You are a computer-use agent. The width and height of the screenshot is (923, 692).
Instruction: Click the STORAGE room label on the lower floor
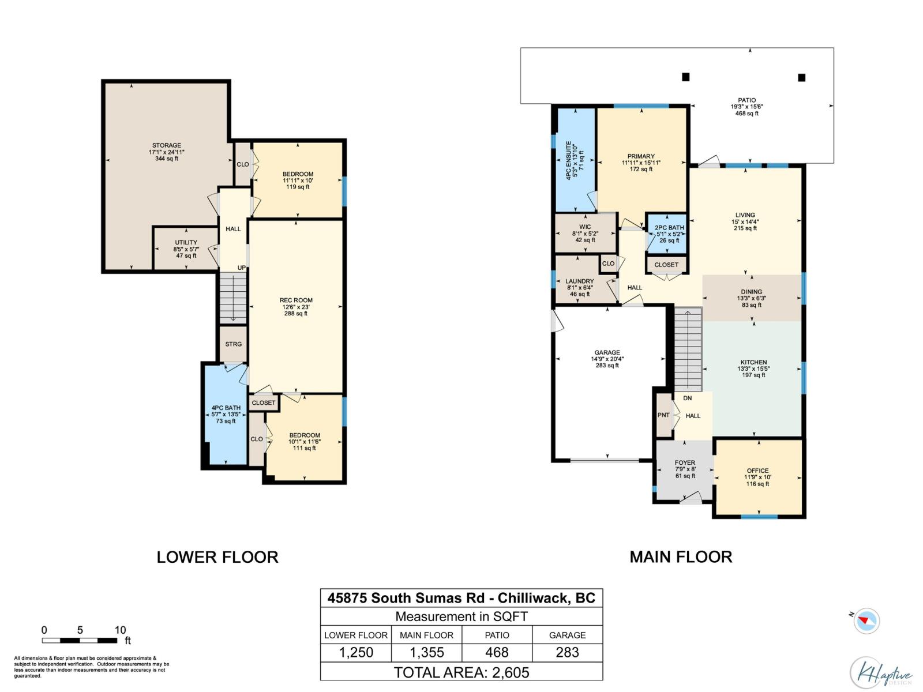tap(167, 152)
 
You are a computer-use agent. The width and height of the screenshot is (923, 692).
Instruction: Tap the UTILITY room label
tap(186, 249)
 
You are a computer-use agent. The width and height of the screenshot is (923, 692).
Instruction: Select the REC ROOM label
tap(296, 306)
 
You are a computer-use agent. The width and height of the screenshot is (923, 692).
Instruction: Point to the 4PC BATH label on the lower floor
tap(226, 414)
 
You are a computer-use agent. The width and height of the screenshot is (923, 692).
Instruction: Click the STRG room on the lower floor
tap(233, 344)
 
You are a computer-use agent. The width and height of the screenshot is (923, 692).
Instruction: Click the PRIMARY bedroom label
tap(641, 162)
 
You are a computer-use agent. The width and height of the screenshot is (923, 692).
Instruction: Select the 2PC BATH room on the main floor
tap(669, 234)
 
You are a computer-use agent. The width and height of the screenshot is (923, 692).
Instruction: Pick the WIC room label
tap(585, 233)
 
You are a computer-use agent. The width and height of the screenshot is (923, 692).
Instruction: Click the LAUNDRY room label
tap(579, 287)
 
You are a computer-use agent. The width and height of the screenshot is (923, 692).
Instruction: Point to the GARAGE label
tap(607, 358)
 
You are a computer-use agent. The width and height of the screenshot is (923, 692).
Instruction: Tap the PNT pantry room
tap(663, 415)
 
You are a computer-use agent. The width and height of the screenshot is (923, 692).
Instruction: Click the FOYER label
tap(685, 469)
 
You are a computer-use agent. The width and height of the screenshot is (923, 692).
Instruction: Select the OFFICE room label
tap(757, 477)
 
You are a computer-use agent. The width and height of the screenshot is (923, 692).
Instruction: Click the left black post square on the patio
tap(685, 77)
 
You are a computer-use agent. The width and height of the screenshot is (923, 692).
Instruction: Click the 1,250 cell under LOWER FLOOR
tap(356, 652)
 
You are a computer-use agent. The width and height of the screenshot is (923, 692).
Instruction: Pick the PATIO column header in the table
tap(497, 635)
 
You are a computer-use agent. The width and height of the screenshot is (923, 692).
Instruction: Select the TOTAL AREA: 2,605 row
tap(461, 672)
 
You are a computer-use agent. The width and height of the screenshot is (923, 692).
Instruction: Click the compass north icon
tap(866, 621)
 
